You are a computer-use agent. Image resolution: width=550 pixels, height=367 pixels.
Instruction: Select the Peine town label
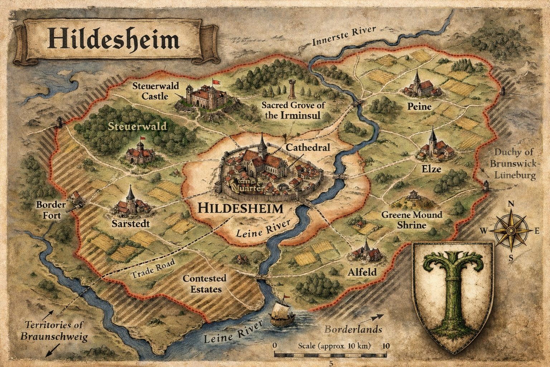[419, 106]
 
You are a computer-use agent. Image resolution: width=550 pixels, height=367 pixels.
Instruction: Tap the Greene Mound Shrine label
[411, 220]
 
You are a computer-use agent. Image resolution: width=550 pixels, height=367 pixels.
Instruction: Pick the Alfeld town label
[362, 272]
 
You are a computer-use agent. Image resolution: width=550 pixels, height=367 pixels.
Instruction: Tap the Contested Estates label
[204, 283]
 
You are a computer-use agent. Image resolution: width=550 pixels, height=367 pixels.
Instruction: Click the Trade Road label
[153, 269]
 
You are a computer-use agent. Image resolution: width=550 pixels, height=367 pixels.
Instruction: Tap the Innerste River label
[343, 36]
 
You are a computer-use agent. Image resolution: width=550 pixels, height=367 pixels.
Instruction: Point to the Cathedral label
[308, 147]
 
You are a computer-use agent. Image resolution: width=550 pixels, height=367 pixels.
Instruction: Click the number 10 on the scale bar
[386, 346]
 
